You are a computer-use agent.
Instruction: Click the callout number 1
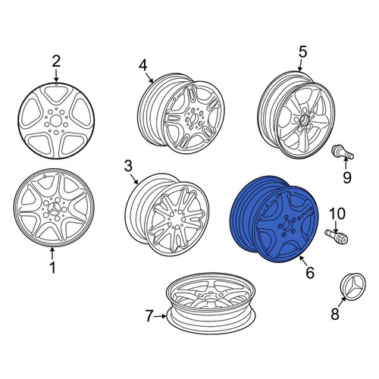click(x=52, y=268)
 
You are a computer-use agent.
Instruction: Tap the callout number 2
click(x=56, y=61)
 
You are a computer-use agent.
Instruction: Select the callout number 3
click(x=128, y=167)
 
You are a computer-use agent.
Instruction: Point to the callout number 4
click(x=143, y=66)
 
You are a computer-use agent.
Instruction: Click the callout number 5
click(x=302, y=52)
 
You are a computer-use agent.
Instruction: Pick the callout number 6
click(x=310, y=272)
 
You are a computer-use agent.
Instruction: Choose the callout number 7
click(x=149, y=316)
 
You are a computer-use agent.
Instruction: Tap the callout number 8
click(x=335, y=315)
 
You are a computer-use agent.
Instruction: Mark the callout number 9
click(x=347, y=177)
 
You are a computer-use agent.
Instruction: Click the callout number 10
click(x=337, y=214)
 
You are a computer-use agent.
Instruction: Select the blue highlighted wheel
click(x=274, y=219)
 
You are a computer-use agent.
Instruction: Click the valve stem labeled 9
click(x=343, y=152)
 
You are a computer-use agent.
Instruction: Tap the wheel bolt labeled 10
click(x=337, y=236)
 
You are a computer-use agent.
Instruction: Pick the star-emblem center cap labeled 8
click(x=353, y=285)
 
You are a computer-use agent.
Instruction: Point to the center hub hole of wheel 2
click(x=55, y=121)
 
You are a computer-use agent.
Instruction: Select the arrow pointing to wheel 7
click(x=161, y=316)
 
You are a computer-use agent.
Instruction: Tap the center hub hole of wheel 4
click(x=194, y=118)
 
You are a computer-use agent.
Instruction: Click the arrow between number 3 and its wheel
click(x=135, y=179)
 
